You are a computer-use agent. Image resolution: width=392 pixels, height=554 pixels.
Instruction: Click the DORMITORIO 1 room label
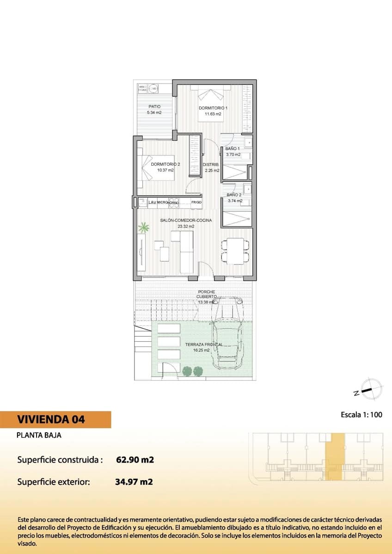coord(213,108)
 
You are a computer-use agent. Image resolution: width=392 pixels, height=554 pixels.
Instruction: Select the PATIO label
coord(154,107)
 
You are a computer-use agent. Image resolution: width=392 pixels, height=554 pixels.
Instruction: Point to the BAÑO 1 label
coord(233,149)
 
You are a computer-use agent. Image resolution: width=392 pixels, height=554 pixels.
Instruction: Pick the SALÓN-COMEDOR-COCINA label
coord(186,221)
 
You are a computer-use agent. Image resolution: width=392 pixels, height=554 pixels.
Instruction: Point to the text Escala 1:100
coord(361,415)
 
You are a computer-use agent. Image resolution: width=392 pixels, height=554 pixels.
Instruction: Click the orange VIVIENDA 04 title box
coord(56,420)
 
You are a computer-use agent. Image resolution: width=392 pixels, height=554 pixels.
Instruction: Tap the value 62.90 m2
coord(134,460)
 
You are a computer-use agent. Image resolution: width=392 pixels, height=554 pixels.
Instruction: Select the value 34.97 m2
coord(134,482)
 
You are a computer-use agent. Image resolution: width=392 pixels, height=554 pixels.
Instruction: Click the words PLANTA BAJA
coord(39,435)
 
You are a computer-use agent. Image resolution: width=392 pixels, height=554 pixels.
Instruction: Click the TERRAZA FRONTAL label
coord(203,344)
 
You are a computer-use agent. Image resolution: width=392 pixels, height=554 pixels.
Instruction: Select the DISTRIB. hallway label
coord(211,165)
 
